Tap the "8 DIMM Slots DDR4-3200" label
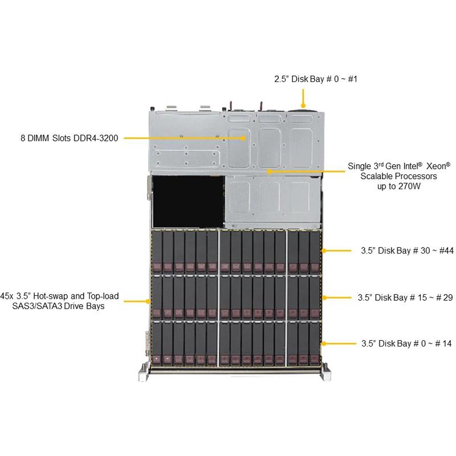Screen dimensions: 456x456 [x=70, y=137]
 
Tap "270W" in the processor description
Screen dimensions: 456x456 [x=423, y=186]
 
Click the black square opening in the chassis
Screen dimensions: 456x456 [x=186, y=200]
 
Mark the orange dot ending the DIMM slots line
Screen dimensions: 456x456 [x=243, y=138]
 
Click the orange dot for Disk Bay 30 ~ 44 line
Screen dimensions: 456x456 [x=323, y=250]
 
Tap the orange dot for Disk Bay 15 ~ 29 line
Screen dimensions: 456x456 [x=323, y=298]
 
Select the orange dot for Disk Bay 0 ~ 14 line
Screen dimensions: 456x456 [x=323, y=343]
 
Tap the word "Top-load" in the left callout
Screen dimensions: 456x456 [x=103, y=296]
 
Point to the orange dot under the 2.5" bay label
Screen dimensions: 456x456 [x=304, y=106]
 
